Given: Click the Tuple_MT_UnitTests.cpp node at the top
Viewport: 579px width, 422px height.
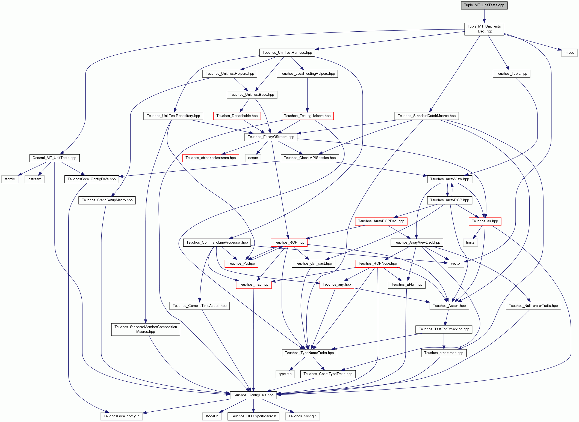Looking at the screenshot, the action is coord(484,5).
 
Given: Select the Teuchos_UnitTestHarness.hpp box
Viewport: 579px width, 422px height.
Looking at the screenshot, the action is coord(287,53).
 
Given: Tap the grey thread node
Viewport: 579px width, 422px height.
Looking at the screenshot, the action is coord(569,53).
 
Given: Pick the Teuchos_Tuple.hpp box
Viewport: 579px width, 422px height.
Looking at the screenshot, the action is coord(512,74).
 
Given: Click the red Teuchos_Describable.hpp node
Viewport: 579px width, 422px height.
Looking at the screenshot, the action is coord(237,116).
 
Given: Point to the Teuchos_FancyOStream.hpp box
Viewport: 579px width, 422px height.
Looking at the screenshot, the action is coord(271,137).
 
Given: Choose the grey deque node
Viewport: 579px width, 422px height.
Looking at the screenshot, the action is coord(253,158).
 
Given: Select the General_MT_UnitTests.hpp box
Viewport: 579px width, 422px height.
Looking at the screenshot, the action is coord(54,158).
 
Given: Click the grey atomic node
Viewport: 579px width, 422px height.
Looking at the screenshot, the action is coord(10,179).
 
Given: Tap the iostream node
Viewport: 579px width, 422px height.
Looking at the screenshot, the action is coord(34,179).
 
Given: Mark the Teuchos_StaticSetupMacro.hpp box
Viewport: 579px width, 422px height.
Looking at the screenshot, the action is coord(107,200).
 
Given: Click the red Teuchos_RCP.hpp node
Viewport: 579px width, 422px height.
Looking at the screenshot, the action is coord(289,243).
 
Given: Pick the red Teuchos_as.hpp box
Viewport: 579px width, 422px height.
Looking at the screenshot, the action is coord(485,221).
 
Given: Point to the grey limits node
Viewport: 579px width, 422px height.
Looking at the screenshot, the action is coord(470,243).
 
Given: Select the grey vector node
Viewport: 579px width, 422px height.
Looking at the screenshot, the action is coord(456,264).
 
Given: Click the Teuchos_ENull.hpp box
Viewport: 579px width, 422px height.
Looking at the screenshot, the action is coord(407,285).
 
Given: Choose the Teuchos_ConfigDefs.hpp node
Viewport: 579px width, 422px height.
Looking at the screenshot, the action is coord(253,395).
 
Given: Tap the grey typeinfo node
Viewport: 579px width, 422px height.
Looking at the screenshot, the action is coord(285,374).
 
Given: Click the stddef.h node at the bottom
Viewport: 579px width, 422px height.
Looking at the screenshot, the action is coord(212,416).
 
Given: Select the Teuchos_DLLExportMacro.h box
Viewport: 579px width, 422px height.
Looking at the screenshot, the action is coord(253,416).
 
